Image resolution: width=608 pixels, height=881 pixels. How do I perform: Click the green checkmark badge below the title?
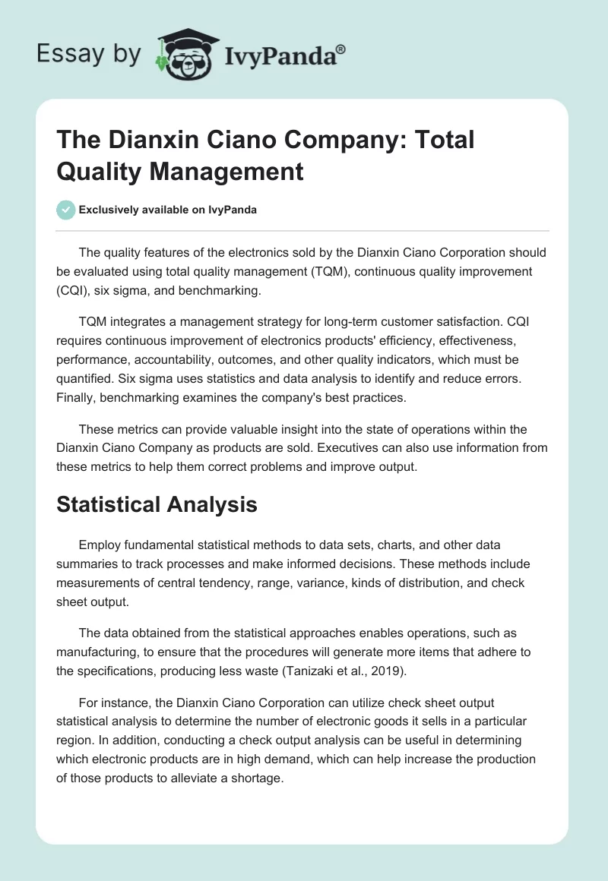pyautogui.click(x=65, y=210)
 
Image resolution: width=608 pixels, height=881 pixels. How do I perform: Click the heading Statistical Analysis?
pyautogui.click(x=157, y=504)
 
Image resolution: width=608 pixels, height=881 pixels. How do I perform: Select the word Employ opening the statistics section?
pyautogui.click(x=99, y=545)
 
